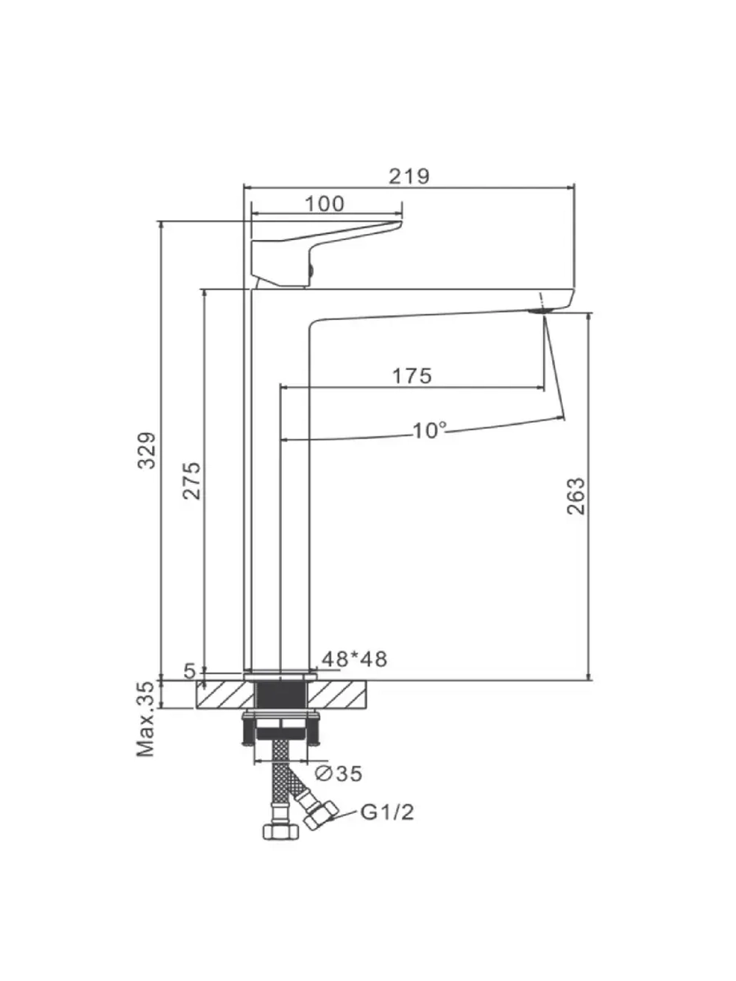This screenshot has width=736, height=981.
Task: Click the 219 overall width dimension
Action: [x=408, y=176]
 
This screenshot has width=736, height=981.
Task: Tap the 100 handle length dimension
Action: [x=325, y=204]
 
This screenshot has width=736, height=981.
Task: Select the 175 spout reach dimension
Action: [x=412, y=376]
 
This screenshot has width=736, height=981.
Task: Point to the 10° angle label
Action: [x=429, y=431]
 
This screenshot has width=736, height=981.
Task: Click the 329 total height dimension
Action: [x=146, y=450]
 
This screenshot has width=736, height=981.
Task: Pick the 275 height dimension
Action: [x=191, y=481]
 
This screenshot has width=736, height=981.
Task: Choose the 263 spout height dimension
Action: [x=576, y=497]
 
